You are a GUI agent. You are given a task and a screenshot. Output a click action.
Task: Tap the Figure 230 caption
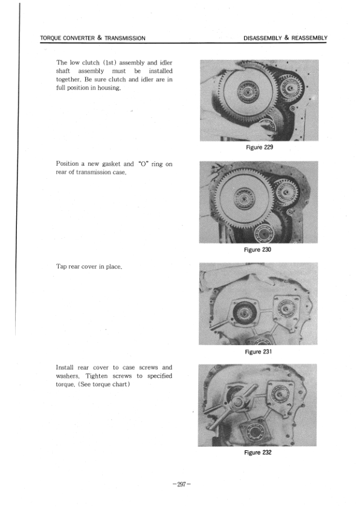pos(258,250)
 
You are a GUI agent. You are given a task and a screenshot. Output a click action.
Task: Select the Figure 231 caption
pos(258,352)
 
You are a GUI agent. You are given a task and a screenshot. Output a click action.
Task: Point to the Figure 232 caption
pos(258,452)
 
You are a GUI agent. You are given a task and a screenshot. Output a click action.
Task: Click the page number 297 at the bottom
pos(181,484)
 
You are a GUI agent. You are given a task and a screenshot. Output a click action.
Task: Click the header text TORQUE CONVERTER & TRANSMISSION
pos(92,38)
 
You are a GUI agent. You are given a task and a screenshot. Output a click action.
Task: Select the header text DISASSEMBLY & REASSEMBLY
pos(285,38)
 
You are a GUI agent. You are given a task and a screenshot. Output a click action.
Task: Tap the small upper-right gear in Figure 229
pos(292,89)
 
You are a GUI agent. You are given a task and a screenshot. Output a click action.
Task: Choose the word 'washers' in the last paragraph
pos(71,375)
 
